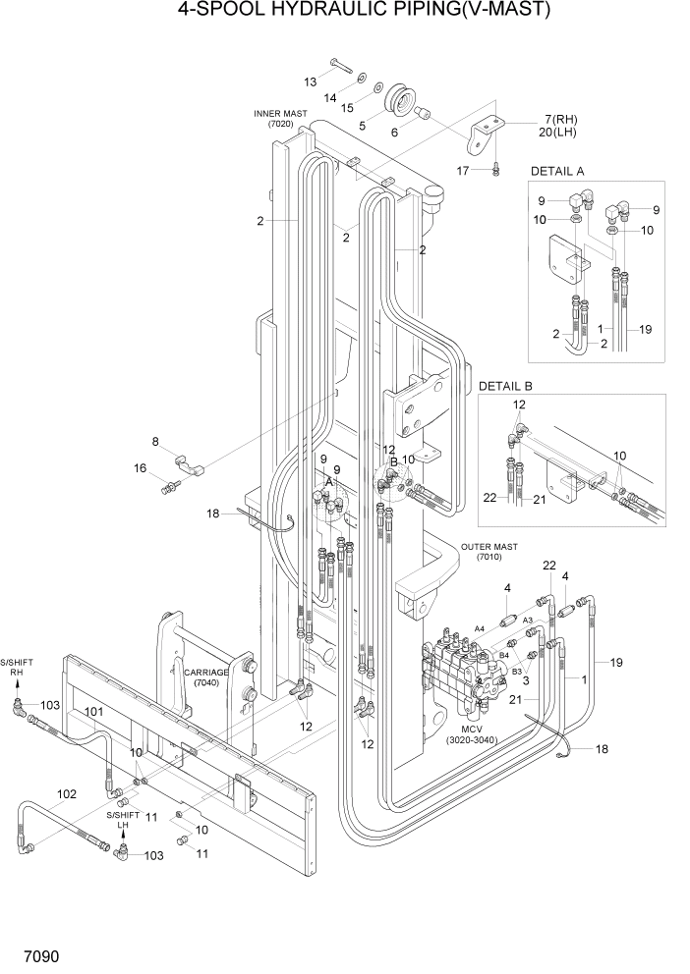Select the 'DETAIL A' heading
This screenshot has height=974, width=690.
pos(557,171)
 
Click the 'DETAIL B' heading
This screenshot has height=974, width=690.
pos(505,386)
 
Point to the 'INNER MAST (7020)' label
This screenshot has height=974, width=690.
pos(280,119)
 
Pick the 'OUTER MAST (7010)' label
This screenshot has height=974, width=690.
pos(489,551)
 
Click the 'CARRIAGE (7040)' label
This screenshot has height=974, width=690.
pos(206,677)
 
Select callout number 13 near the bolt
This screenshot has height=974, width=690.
pos(310,81)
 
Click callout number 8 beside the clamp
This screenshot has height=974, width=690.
pos(155,441)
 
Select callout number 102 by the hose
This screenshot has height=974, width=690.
pos(67,794)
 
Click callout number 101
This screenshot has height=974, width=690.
pos(93,712)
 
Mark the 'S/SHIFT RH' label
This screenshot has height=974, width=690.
pos(16,669)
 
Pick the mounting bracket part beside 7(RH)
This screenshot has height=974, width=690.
pos(483,134)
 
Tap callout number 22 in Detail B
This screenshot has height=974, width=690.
pos(490,498)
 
